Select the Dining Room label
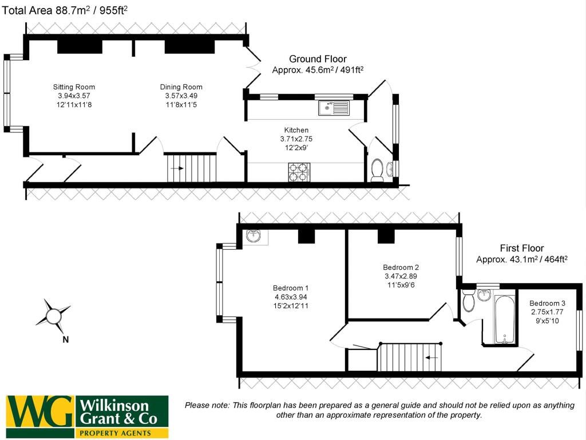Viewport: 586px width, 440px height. coord(181,87)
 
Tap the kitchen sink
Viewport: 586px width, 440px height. coord(334,107)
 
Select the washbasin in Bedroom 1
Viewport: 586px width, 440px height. coord(254,235)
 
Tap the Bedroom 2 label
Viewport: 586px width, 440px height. coord(401,268)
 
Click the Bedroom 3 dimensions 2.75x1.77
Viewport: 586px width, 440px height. coord(547,312)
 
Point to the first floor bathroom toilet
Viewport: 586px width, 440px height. coord(469,300)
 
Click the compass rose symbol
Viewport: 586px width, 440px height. coord(53,315)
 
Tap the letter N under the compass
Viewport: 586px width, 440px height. coord(65,339)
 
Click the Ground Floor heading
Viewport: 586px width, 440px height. coord(318,59)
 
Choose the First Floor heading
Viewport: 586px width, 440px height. coord(521,249)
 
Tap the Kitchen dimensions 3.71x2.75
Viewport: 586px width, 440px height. coord(296,139)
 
